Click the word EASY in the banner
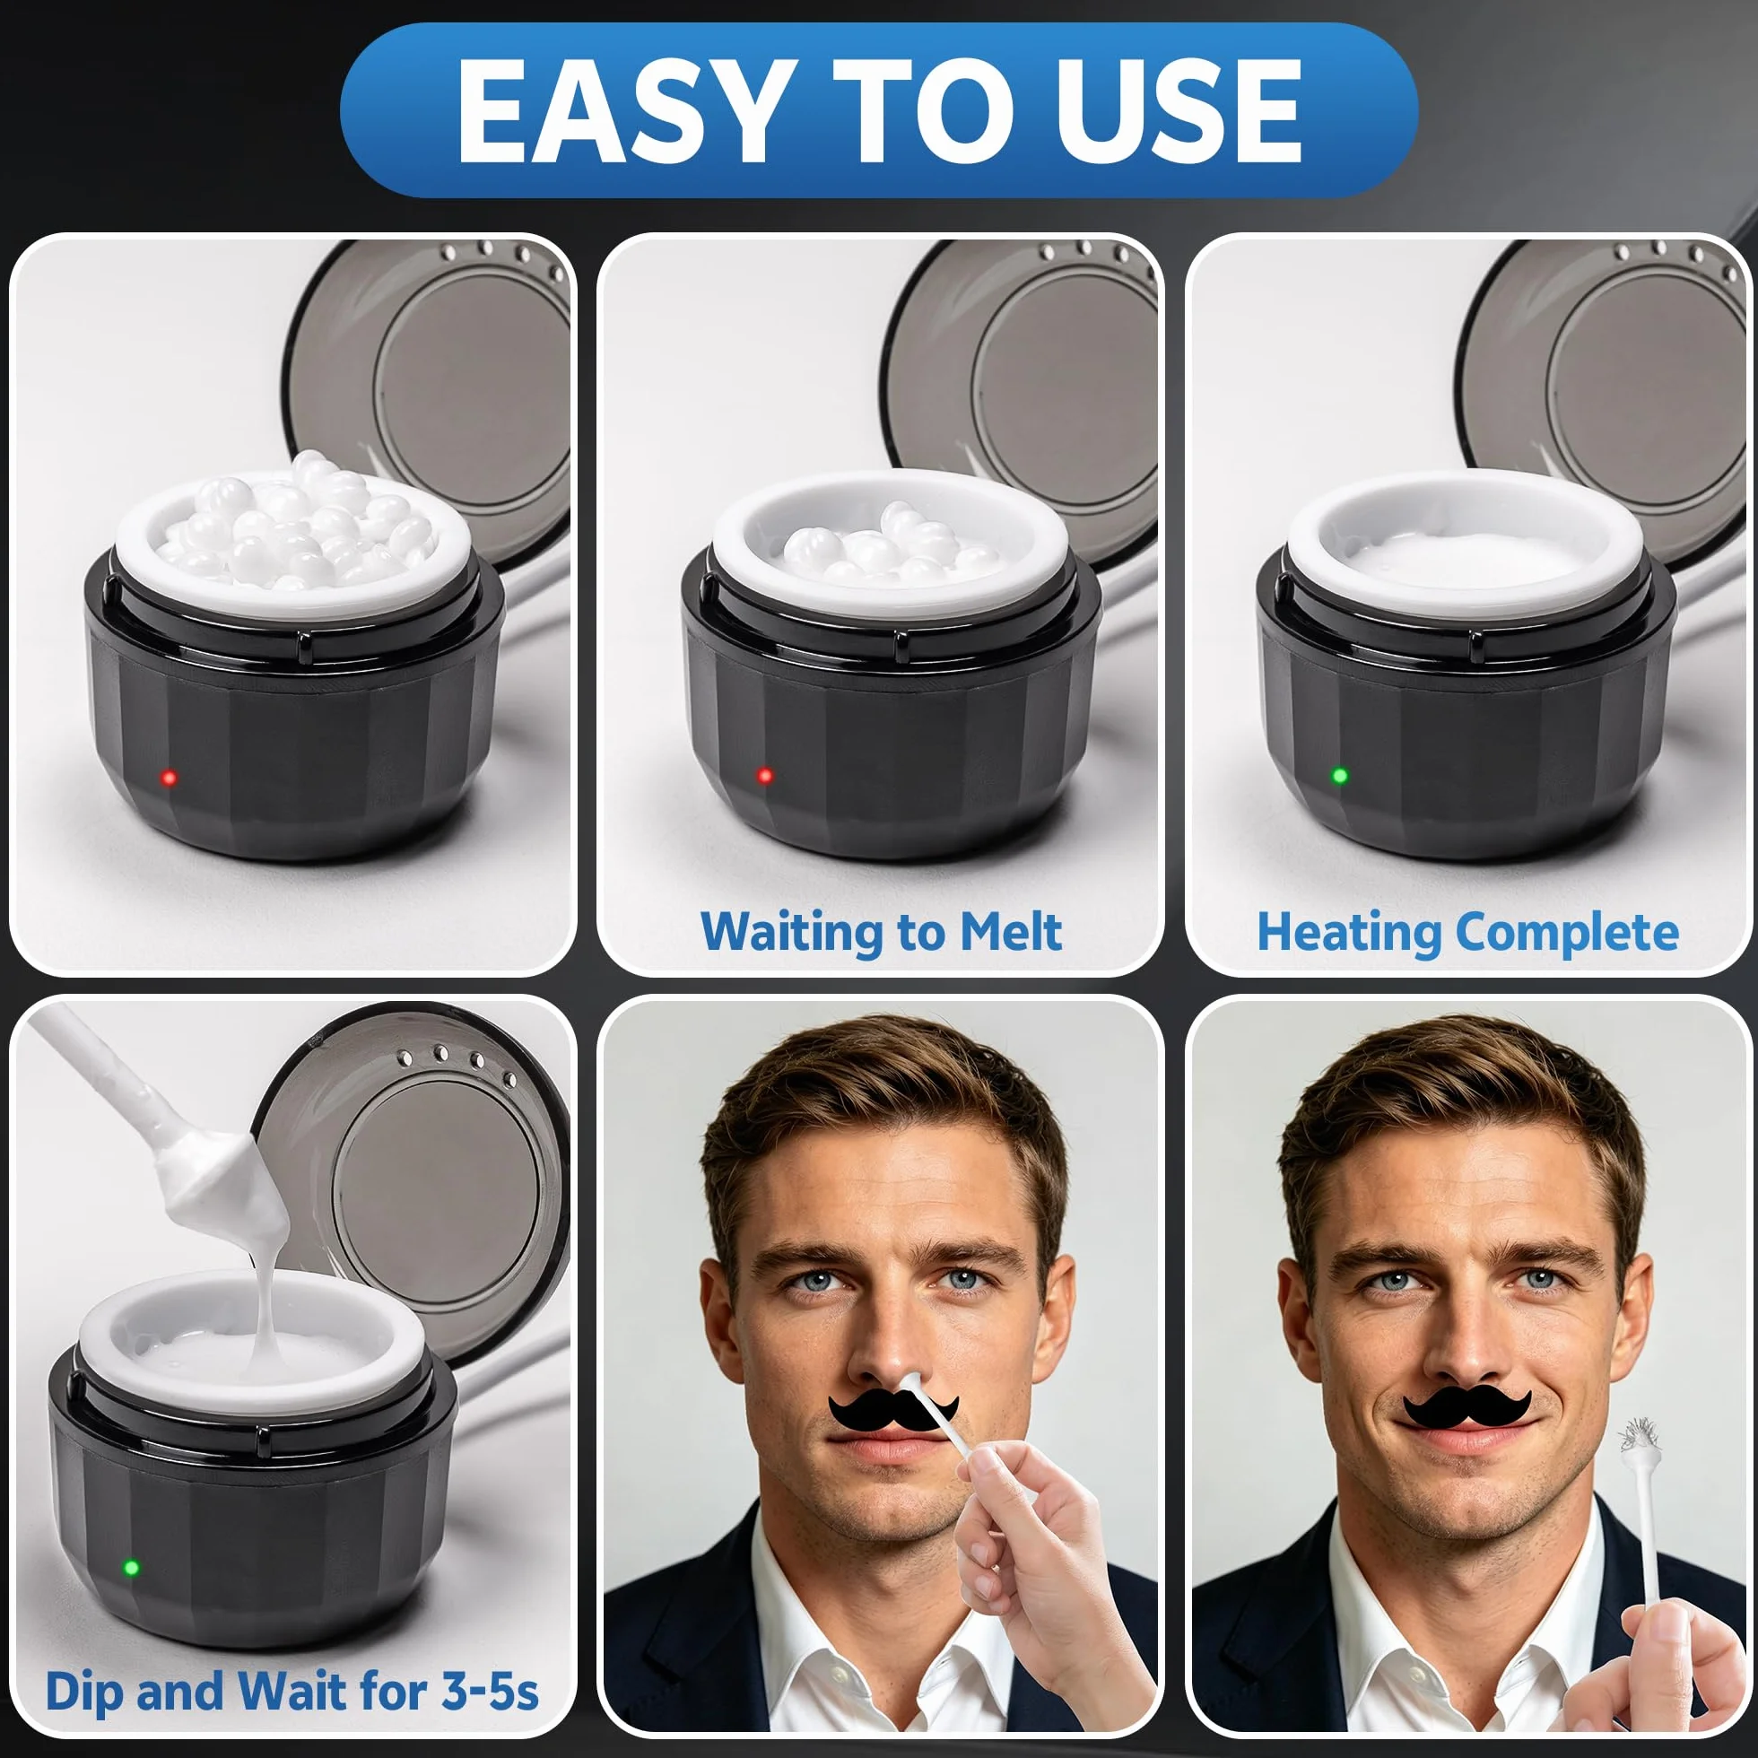(x=622, y=111)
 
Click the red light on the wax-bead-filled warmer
(x=169, y=777)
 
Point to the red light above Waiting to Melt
(x=764, y=775)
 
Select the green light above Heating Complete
(x=1339, y=775)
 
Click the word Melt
(x=1010, y=932)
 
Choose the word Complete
(x=1567, y=932)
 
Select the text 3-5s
(x=490, y=1691)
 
